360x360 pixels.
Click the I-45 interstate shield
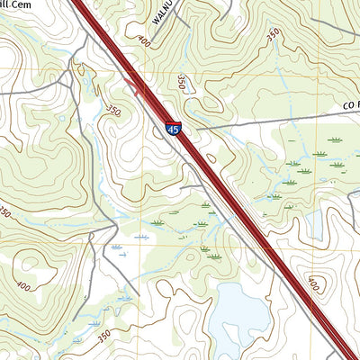pos(174,129)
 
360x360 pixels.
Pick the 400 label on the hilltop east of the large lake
pos(312,284)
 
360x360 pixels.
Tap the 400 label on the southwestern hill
pos(22,286)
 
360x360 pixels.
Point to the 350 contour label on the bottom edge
pos(103,334)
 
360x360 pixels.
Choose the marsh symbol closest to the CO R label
pos(335,140)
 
